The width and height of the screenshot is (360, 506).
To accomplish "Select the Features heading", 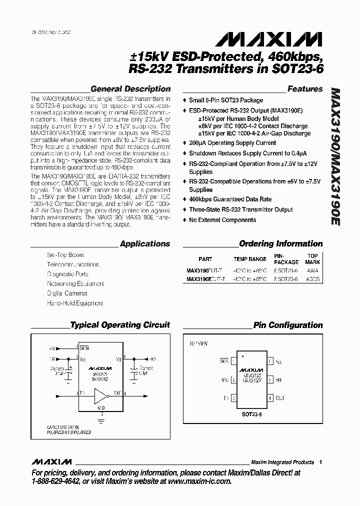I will (305, 89).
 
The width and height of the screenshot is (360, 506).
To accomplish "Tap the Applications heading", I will (145, 244).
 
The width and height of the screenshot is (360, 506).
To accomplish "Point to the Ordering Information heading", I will (281, 244).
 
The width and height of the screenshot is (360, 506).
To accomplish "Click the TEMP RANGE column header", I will (250, 259).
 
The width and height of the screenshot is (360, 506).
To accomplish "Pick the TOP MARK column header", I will (312, 259).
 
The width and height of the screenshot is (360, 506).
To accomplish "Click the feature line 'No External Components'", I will (222, 220).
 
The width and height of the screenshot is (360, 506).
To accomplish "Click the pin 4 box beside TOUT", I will (270, 398).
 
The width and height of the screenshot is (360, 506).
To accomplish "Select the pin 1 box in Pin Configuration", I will (233, 360).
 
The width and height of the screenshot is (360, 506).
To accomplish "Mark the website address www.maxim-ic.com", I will (200, 482).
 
